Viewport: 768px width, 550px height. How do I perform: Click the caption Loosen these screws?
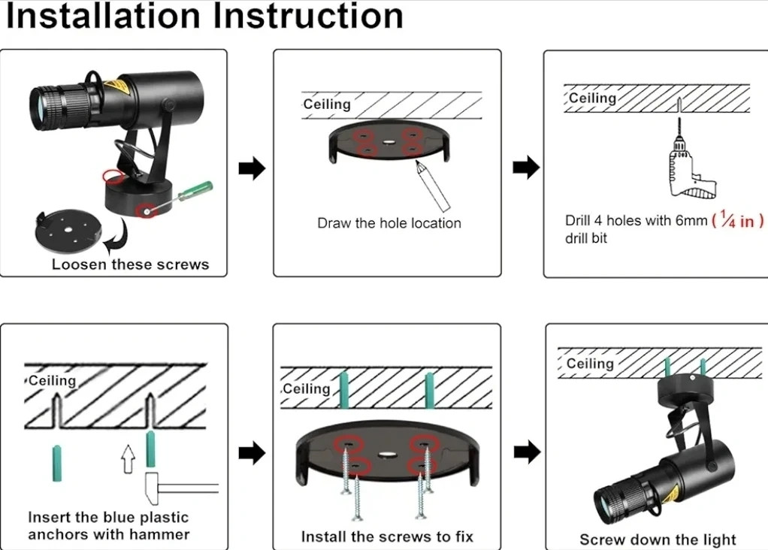click(x=130, y=264)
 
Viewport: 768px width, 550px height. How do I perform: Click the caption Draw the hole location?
click(x=389, y=223)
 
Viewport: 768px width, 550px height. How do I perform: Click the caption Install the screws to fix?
click(x=387, y=536)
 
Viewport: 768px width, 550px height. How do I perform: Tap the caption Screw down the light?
click(x=658, y=539)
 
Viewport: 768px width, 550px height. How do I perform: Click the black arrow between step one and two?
click(x=252, y=169)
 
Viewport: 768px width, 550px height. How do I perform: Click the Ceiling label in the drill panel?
click(x=592, y=98)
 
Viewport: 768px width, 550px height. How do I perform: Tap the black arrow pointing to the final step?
click(x=528, y=452)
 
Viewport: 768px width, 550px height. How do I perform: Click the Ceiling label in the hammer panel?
click(x=53, y=380)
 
